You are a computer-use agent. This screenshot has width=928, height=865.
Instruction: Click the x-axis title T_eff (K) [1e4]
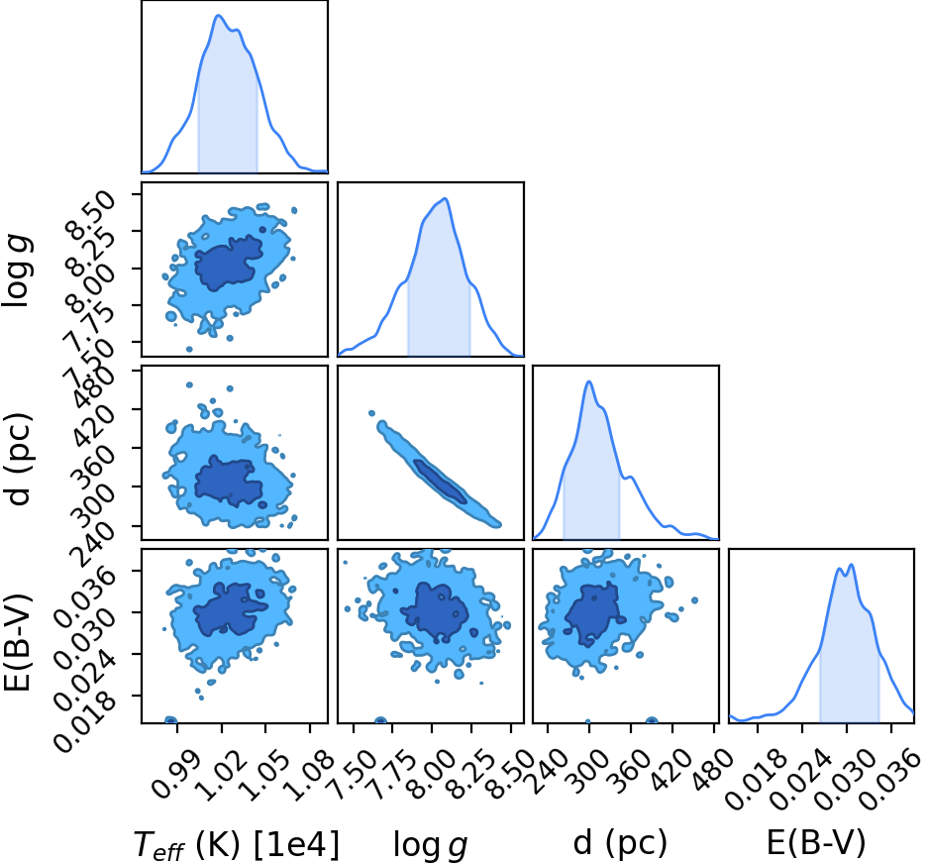click(x=237, y=843)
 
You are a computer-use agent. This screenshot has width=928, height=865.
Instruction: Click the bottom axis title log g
click(x=430, y=845)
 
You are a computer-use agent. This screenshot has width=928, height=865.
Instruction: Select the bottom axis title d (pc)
click(x=620, y=843)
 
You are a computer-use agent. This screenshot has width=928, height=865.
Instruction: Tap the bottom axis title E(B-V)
click(x=816, y=842)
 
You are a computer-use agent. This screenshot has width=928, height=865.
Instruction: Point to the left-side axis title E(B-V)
click(x=17, y=636)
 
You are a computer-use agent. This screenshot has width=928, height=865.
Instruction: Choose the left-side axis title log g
click(x=18, y=270)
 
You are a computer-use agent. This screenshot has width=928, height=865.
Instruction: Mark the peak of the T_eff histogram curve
click(x=219, y=15)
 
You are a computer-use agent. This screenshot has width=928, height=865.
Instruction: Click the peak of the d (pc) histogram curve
click(x=589, y=380)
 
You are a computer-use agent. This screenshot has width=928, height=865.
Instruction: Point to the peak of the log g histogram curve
click(x=445, y=198)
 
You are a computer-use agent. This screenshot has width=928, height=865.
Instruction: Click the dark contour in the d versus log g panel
click(x=441, y=482)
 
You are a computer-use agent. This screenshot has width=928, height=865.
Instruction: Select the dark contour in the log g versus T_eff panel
click(x=229, y=263)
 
